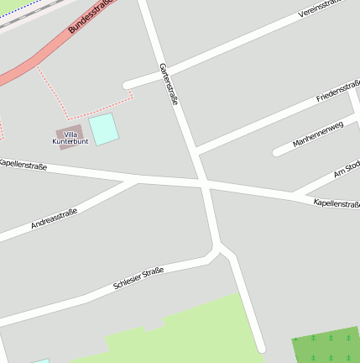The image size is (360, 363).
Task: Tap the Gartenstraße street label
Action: point(169,84)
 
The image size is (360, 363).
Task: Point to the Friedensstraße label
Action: point(337,91)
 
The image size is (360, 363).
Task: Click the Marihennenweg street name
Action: point(318,134)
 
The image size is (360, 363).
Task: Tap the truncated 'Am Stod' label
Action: point(346,170)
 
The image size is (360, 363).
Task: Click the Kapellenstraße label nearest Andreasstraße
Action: point(23,166)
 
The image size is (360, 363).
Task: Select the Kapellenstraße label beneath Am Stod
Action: point(336,203)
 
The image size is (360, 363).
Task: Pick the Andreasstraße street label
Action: point(54,218)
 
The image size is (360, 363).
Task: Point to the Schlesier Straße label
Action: point(138,278)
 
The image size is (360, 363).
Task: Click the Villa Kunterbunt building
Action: point(70,135)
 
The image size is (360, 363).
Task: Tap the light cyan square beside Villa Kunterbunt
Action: point(104,129)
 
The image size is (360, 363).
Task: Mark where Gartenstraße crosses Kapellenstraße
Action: point(204,182)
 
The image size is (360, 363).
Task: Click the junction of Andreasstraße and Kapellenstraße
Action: point(137,179)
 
